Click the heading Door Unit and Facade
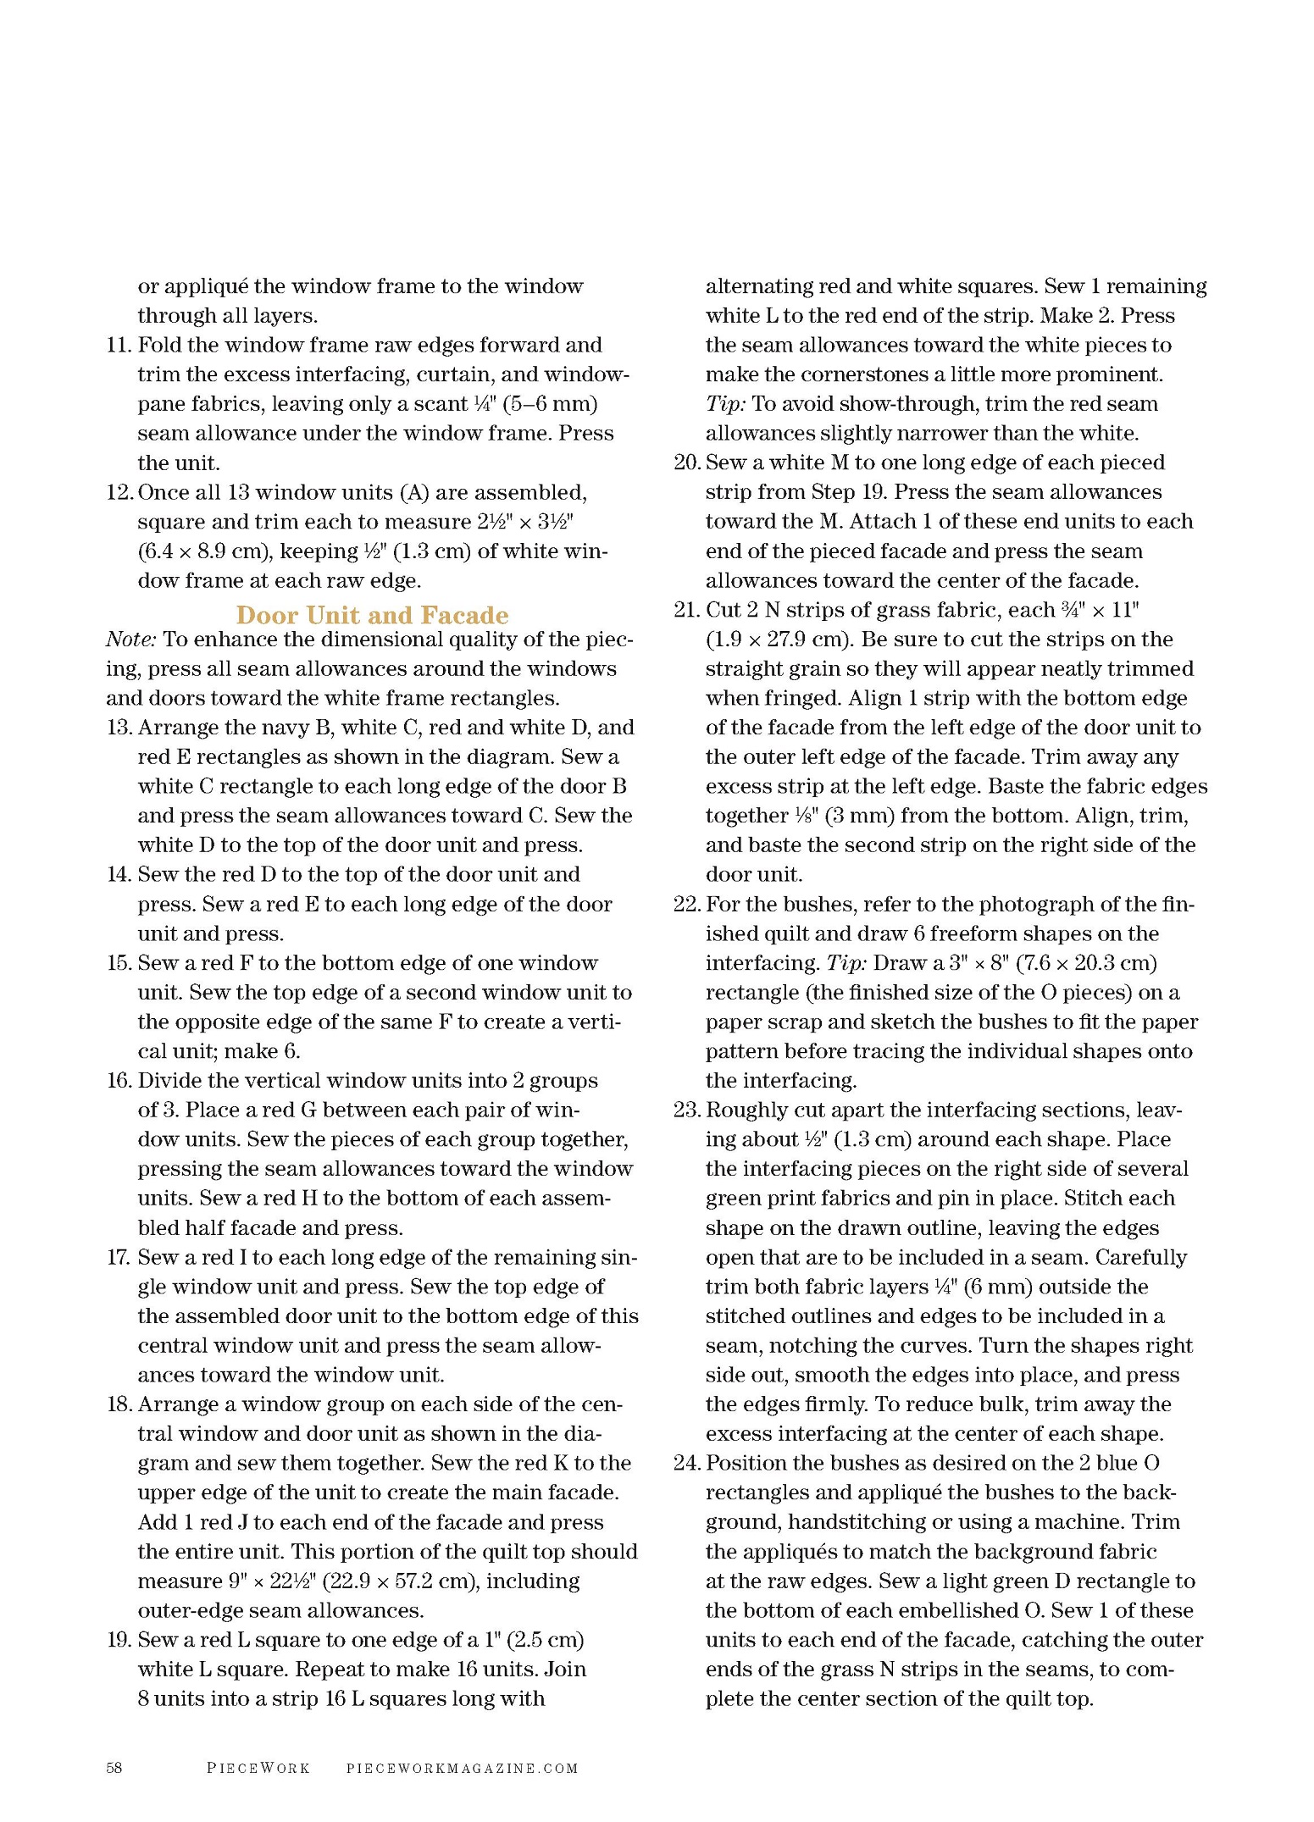coord(372,615)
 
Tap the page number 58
coord(114,1767)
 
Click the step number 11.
coord(119,346)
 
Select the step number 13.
coord(119,728)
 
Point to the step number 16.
coord(119,1081)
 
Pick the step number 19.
coord(119,1640)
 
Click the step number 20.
coord(687,462)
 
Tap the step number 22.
coord(687,905)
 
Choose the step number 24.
coord(687,1464)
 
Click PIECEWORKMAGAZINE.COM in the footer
coord(463,1768)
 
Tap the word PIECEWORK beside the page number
coord(258,1768)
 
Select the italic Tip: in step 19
coord(725,404)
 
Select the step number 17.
coord(119,1258)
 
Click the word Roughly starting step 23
coord(743,1110)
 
